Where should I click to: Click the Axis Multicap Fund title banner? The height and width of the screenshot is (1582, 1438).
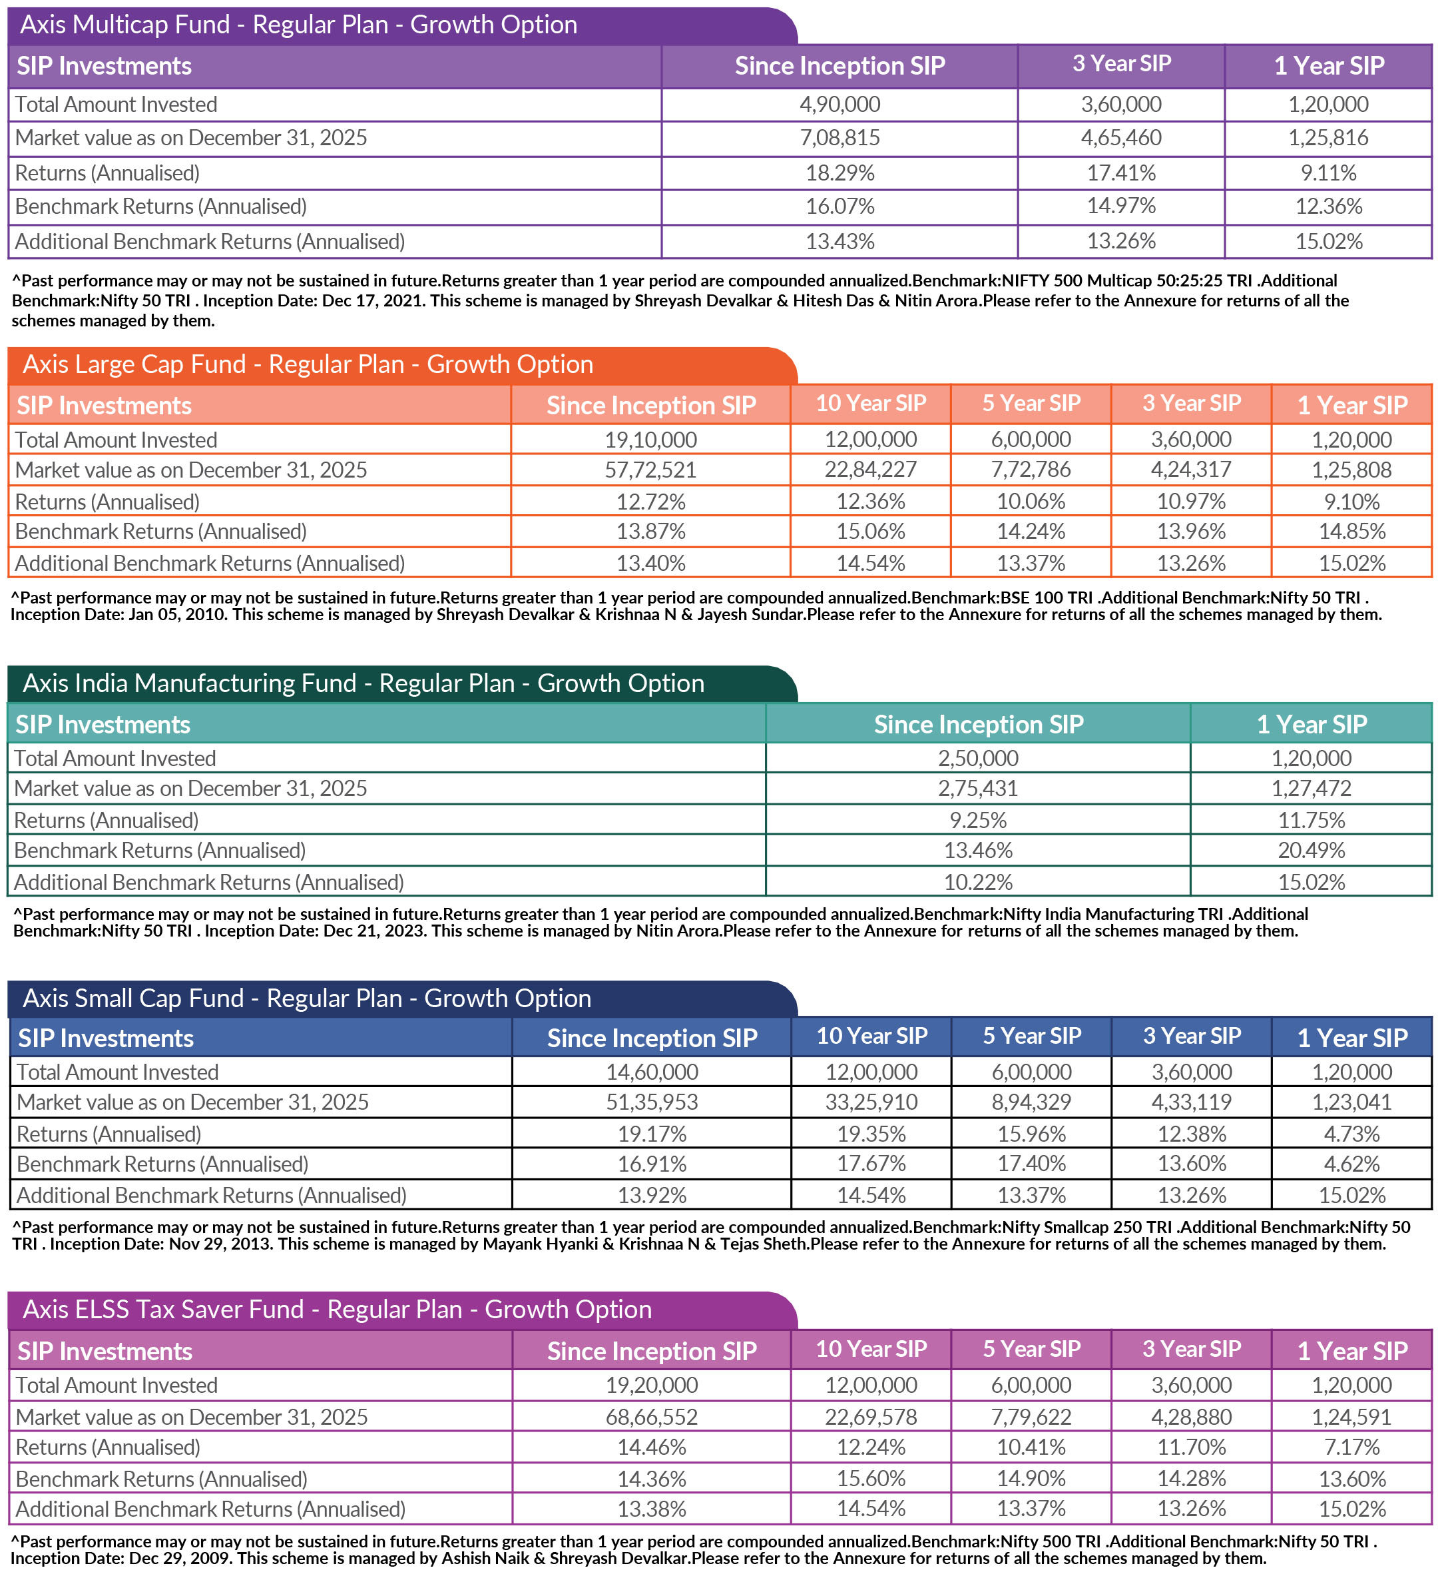tap(298, 25)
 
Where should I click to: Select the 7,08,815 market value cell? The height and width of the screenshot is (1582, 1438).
tap(839, 138)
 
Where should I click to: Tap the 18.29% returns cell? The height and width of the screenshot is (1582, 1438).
tap(839, 173)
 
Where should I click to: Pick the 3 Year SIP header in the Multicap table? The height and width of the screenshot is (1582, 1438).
tap(1121, 65)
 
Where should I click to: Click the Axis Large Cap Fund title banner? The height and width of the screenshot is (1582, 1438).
tap(308, 365)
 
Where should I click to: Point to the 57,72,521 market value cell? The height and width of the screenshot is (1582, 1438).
tap(650, 470)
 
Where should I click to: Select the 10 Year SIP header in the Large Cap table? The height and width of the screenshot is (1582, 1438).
tap(871, 404)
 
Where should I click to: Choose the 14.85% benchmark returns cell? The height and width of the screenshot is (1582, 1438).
tap(1351, 532)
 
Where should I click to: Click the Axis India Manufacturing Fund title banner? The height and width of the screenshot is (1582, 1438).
tap(363, 683)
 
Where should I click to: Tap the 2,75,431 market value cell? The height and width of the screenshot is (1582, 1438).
tap(977, 789)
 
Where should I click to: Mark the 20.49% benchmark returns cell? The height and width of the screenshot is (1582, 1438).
tap(1311, 851)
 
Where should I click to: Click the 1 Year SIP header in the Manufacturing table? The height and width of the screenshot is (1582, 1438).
tap(1311, 724)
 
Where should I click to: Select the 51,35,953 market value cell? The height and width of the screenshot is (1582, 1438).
tap(651, 1102)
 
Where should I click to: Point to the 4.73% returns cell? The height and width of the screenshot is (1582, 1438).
tap(1351, 1134)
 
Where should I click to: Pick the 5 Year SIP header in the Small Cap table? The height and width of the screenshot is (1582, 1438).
tap(1032, 1036)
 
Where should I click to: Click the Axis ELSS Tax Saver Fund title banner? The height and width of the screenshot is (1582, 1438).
tap(338, 1310)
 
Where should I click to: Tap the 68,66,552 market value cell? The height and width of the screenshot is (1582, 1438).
tap(651, 1417)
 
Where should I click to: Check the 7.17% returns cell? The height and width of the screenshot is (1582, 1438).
tap(1351, 1447)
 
